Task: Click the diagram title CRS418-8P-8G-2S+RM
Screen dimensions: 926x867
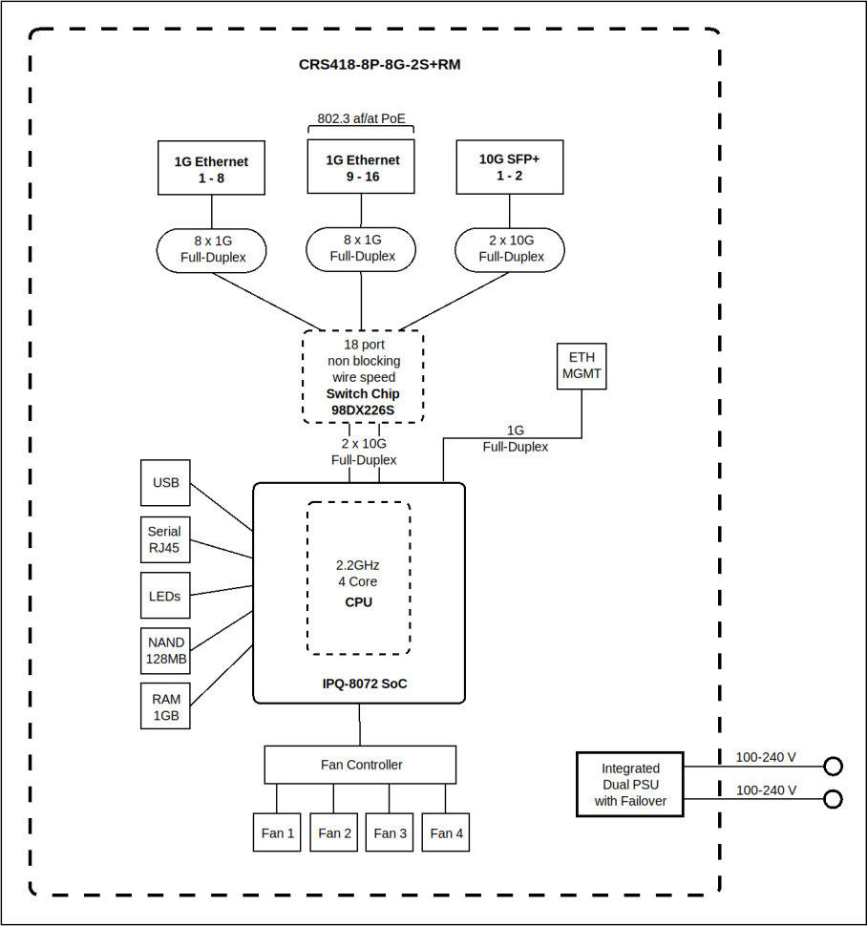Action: click(x=379, y=65)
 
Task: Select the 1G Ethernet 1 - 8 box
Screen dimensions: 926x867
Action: click(x=211, y=169)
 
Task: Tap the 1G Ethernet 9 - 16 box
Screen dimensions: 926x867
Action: click(x=361, y=167)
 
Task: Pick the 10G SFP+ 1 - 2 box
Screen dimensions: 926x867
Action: click(x=509, y=167)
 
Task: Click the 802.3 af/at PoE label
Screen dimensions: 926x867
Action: click(x=361, y=119)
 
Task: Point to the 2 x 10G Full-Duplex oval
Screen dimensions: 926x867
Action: click(x=510, y=249)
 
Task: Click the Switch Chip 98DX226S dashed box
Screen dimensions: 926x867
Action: click(x=362, y=377)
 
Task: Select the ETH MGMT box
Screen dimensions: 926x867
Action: click(x=582, y=366)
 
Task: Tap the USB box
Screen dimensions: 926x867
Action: click(x=165, y=483)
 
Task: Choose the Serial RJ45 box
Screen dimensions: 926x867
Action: click(x=164, y=540)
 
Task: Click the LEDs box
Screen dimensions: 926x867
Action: click(x=164, y=596)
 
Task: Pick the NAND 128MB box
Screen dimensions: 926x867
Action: click(x=165, y=651)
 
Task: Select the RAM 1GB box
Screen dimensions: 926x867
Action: click(x=165, y=707)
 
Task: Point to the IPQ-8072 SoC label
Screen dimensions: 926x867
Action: click(x=359, y=684)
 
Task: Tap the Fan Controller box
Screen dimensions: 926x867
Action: click(x=360, y=765)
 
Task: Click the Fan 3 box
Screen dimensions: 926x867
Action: click(x=390, y=832)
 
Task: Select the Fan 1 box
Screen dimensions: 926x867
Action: click(x=277, y=832)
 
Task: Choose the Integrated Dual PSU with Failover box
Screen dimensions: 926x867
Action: click(x=630, y=784)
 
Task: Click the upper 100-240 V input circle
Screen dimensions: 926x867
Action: click(x=833, y=766)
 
